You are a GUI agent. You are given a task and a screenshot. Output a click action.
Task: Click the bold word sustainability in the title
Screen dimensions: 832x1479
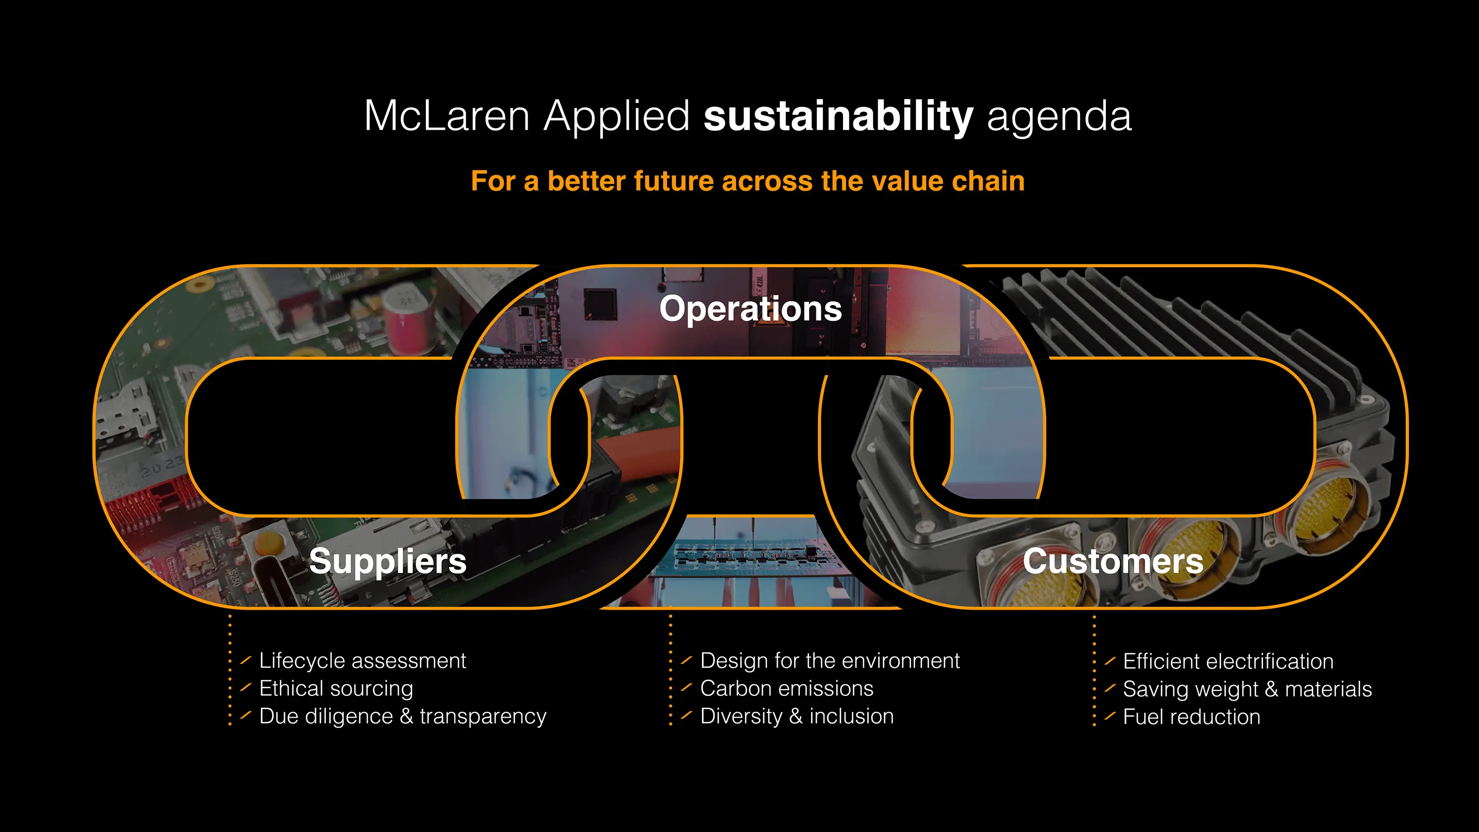838,116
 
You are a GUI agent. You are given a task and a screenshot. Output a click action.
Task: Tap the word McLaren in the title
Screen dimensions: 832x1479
446,116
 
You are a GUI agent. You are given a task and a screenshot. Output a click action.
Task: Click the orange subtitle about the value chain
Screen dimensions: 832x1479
747,181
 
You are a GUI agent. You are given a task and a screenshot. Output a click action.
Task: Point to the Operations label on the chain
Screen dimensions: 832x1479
750,309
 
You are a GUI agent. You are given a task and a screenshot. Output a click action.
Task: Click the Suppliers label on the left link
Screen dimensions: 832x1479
387,561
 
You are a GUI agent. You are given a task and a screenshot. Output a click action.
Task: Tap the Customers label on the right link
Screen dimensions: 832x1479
1113,561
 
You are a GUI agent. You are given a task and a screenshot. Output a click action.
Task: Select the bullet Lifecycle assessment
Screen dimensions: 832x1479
362,661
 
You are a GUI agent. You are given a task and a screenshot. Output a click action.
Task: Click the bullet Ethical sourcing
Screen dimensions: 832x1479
336,689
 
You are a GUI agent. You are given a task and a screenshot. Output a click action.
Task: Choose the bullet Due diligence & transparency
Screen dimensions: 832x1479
402,716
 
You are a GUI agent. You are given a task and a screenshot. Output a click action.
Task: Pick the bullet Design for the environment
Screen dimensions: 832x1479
830,661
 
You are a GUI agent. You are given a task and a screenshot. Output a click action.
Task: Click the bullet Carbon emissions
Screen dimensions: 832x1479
786,689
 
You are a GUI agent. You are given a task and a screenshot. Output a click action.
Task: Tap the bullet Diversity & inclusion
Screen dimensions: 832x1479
797,716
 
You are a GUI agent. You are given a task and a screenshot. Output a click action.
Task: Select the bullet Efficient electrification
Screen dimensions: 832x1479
1228,661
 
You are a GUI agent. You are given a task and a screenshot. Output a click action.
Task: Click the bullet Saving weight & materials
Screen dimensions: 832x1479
1247,689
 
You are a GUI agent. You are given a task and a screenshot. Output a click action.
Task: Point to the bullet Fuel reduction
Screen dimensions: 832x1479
1192,717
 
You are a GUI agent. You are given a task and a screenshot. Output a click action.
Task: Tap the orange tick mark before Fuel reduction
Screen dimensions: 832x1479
1110,716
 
